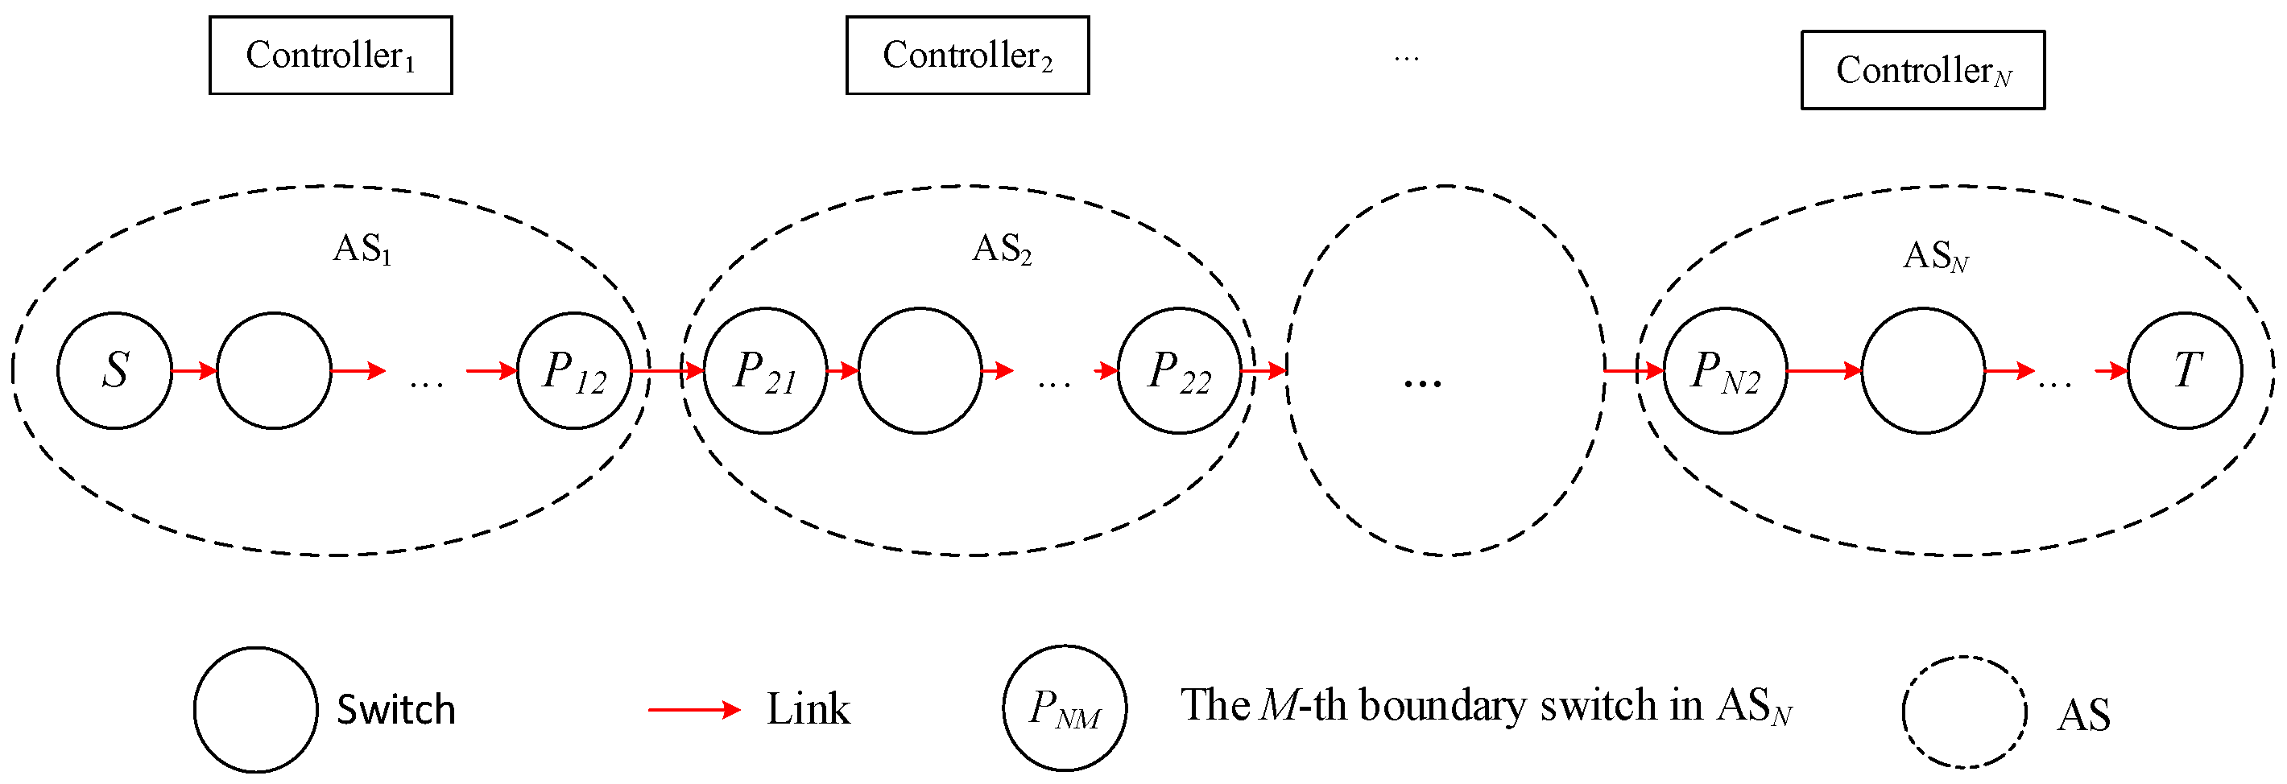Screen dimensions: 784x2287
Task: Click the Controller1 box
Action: [330, 55]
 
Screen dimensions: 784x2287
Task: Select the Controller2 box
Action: [967, 55]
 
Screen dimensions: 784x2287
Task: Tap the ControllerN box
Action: [1922, 70]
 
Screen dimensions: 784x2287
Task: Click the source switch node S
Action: [114, 370]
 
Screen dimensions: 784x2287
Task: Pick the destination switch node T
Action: [2184, 370]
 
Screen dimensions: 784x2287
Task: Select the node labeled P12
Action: [574, 370]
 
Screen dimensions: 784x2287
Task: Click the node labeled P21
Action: [764, 370]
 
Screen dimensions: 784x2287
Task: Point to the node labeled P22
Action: [1179, 370]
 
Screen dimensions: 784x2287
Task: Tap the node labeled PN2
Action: [1725, 370]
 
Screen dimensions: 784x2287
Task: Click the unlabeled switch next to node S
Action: [274, 370]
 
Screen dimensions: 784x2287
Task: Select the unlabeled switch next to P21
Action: [920, 370]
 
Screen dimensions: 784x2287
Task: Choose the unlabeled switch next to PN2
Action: [1922, 370]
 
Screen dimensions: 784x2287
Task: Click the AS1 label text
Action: [362, 250]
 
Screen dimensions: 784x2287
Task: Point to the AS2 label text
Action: [1002, 250]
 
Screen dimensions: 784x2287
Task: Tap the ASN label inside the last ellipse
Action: [1935, 257]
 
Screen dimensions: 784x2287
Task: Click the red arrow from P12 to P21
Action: [668, 369]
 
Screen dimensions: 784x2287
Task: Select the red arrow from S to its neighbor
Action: [194, 370]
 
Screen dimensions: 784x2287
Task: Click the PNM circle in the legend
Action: [1065, 708]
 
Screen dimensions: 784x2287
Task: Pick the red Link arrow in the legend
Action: [693, 709]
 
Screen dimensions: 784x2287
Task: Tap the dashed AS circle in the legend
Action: [1964, 712]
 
